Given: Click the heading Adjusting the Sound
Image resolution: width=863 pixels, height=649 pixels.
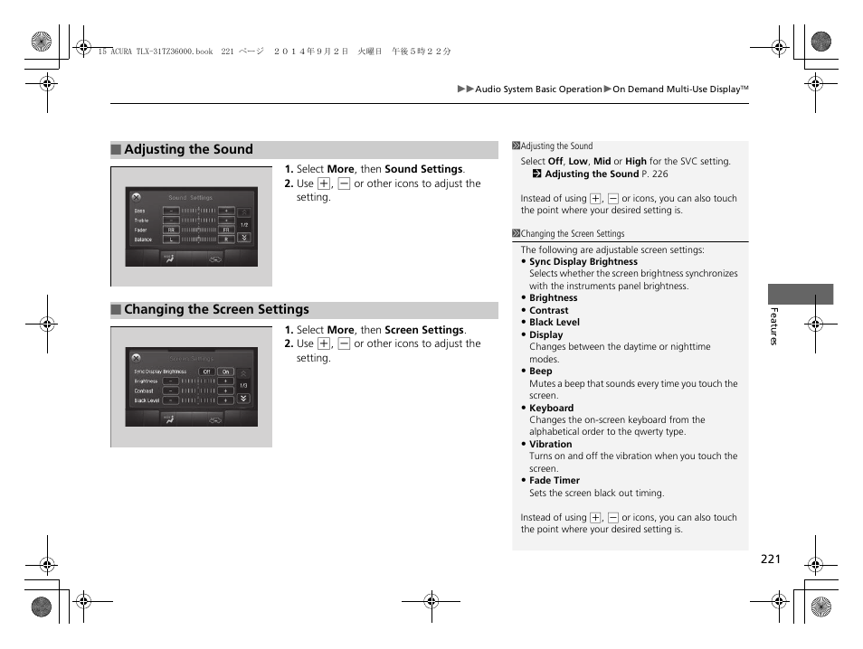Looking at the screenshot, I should pyautogui.click(x=188, y=150).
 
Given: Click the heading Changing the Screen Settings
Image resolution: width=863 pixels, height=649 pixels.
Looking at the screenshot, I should pyautogui.click(x=216, y=310).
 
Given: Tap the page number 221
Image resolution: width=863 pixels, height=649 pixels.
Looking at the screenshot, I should pyautogui.click(x=770, y=560).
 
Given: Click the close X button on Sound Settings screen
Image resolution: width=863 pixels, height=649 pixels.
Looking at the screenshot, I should pyautogui.click(x=136, y=195).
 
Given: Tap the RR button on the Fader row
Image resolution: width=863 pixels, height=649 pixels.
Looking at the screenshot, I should pyautogui.click(x=170, y=230).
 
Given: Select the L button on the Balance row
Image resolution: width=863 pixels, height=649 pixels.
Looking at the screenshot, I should pyautogui.click(x=170, y=240).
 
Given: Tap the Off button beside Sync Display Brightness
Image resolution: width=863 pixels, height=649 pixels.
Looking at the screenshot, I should pyautogui.click(x=206, y=372).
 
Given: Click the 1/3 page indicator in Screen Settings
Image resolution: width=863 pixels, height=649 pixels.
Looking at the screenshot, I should pyautogui.click(x=243, y=386).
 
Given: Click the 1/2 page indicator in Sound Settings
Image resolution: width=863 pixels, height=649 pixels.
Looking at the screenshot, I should pyautogui.click(x=243, y=225).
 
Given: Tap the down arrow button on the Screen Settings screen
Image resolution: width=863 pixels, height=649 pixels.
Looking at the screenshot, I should pyautogui.click(x=243, y=399).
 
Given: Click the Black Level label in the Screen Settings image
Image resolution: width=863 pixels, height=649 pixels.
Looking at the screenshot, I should pyautogui.click(x=147, y=400).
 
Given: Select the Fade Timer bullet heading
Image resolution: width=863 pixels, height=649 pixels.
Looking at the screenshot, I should pyautogui.click(x=554, y=481).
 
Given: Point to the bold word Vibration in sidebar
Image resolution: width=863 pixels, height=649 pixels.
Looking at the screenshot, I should pyautogui.click(x=550, y=445).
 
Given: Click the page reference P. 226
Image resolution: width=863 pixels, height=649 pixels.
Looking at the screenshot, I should pyautogui.click(x=654, y=174).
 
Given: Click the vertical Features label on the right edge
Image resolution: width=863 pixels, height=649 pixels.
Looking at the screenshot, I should pyautogui.click(x=773, y=326).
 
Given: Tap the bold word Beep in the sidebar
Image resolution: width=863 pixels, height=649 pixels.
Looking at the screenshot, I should pyautogui.click(x=540, y=372).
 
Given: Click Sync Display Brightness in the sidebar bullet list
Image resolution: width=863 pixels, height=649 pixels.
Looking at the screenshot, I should pyautogui.click(x=583, y=262).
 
